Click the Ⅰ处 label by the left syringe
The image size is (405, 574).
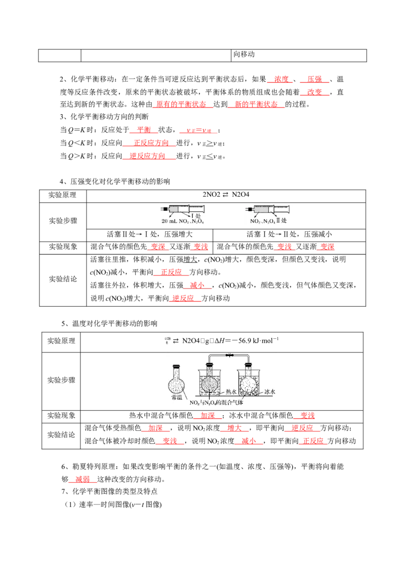tap(197, 216)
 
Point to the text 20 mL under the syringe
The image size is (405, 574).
tap(168, 222)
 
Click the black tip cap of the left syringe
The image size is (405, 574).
tap(164, 208)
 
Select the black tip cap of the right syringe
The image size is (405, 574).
tap(249, 208)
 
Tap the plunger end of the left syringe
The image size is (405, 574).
tap(205, 208)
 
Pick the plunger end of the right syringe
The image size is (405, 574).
tap(292, 208)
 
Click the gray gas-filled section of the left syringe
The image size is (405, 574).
tap(175, 208)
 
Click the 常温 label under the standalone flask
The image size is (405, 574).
tap(177, 398)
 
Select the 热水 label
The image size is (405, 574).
tap(231, 392)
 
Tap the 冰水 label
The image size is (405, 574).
tap(270, 392)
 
